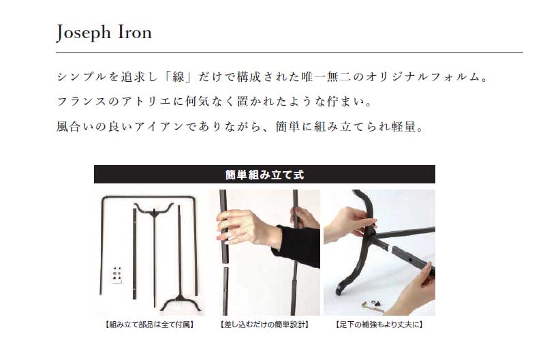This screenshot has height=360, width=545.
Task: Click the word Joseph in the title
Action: [x=83, y=33]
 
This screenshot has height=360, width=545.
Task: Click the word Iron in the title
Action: [x=135, y=32]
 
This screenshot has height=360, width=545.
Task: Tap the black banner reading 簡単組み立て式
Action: [x=264, y=175]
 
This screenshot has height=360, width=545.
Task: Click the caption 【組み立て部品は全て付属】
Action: [x=149, y=325]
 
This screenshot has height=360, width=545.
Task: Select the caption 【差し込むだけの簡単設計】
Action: [x=264, y=325]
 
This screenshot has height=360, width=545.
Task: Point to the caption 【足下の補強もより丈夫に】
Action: [x=379, y=325]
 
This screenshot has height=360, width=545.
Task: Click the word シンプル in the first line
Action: [x=81, y=77]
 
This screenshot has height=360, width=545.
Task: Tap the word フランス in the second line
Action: [x=81, y=102]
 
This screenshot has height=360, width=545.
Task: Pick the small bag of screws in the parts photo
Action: [x=117, y=275]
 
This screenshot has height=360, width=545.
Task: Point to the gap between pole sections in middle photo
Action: [x=225, y=265]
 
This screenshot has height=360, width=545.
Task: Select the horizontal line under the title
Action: [x=290, y=53]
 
